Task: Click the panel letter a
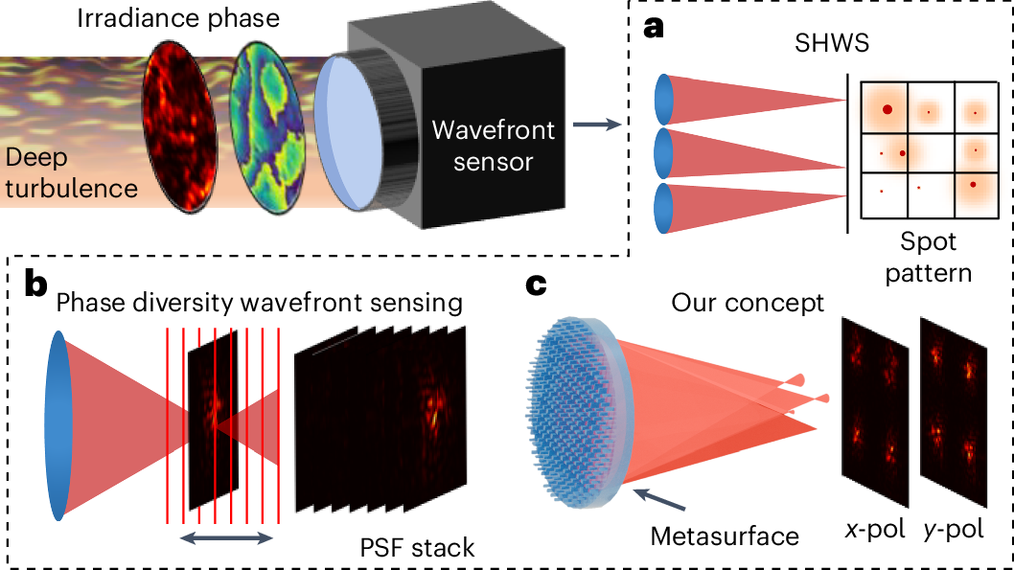[655, 26]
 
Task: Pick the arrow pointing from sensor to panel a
[595, 124]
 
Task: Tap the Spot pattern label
[928, 257]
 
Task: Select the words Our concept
[748, 303]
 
